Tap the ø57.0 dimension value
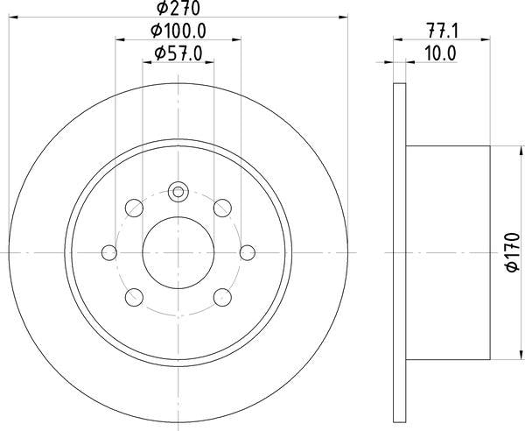click(x=178, y=53)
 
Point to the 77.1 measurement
click(x=437, y=32)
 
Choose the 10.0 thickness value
click(x=437, y=53)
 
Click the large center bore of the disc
click(x=178, y=251)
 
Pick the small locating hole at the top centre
click(x=178, y=191)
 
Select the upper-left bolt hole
click(x=135, y=208)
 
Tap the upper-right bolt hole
click(x=222, y=208)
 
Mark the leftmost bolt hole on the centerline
click(x=109, y=252)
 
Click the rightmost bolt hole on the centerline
click(x=247, y=252)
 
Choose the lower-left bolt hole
click(x=135, y=296)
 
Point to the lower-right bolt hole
click(x=222, y=296)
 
